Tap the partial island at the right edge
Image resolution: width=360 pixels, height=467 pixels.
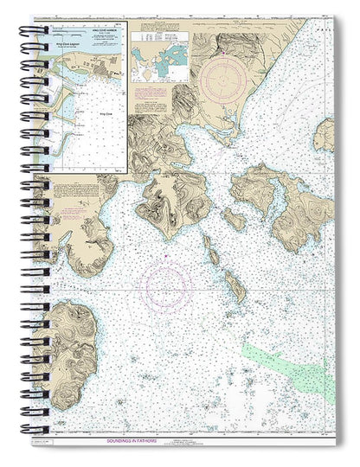pos(326,134)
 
